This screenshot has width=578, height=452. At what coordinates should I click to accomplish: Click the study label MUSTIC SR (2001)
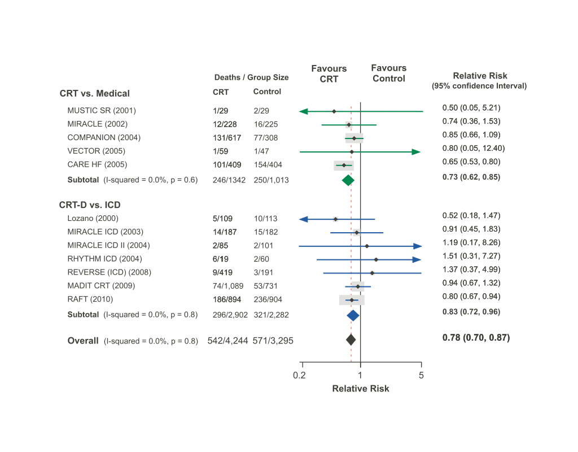coord(102,110)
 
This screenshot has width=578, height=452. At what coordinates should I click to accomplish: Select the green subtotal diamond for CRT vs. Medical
coord(348,180)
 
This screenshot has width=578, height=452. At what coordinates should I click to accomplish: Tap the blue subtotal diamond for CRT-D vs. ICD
coord(353,315)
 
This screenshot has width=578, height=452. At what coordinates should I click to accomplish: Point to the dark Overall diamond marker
coord(351,340)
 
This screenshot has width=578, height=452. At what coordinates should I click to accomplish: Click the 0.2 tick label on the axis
coord(300,375)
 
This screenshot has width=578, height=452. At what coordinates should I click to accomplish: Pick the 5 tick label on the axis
coord(421,375)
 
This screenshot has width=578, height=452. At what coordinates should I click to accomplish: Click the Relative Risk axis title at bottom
coord(361,388)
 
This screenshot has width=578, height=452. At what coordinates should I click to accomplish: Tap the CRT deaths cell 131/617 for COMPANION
coord(226,137)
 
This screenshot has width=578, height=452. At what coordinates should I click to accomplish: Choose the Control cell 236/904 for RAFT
coord(268,299)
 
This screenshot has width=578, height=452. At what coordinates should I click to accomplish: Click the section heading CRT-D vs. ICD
coord(90,205)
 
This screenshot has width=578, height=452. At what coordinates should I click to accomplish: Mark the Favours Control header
coord(389,73)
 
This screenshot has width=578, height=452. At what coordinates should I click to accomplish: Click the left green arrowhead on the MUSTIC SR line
coord(303,111)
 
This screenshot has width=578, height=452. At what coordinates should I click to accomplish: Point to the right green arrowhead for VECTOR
coord(417,152)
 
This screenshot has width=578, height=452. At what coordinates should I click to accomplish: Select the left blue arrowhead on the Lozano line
coord(303,219)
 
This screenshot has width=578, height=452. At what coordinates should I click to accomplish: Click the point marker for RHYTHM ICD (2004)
coord(376,259)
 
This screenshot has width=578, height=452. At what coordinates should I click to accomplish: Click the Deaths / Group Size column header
coord(251,77)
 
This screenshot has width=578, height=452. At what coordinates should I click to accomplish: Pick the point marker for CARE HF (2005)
coord(344,166)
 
